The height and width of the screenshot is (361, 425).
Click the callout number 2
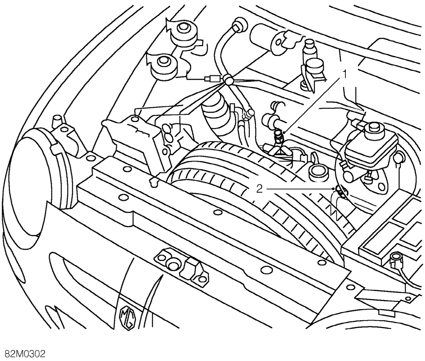point(259,189)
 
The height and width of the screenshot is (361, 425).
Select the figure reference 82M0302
point(23,354)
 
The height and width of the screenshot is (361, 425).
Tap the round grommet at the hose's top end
point(239,26)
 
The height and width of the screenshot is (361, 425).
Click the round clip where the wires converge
point(228,80)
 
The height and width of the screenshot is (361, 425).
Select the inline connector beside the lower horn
point(213,79)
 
